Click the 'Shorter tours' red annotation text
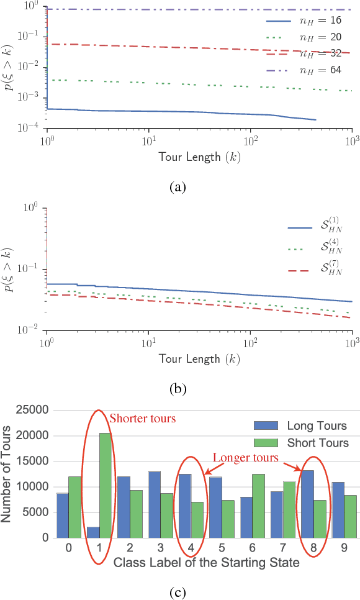(142, 418)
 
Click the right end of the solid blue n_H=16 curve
(316, 120)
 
